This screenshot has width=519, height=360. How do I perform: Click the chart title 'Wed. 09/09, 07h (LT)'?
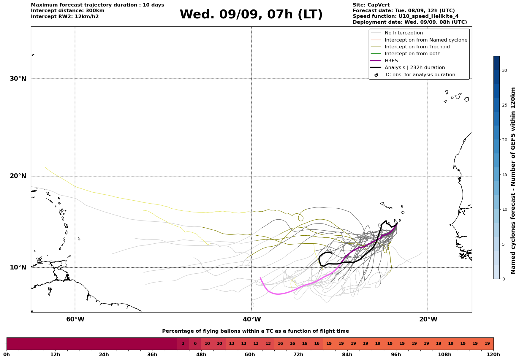click(251, 15)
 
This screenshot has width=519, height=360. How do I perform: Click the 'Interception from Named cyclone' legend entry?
click(419, 40)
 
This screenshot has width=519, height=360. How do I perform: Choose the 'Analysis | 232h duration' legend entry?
click(408, 68)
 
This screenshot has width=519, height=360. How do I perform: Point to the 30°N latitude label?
click(18, 79)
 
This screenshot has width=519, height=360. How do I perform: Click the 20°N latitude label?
click(18, 176)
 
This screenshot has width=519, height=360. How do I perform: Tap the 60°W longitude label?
click(75, 319)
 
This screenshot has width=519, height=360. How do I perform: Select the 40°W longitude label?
click(252, 319)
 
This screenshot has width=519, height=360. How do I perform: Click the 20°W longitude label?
click(428, 319)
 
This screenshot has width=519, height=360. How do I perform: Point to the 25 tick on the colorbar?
click(504, 105)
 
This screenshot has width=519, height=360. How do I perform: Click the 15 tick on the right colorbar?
click(504, 175)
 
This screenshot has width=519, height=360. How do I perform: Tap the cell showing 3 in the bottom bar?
click(183, 344)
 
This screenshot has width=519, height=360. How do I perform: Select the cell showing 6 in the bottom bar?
click(195, 344)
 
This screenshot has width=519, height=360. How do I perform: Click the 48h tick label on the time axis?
click(201, 355)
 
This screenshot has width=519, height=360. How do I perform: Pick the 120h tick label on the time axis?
click(493, 355)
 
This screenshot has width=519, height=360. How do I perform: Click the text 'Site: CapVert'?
click(371, 5)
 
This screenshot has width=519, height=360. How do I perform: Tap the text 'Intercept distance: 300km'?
click(68, 11)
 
